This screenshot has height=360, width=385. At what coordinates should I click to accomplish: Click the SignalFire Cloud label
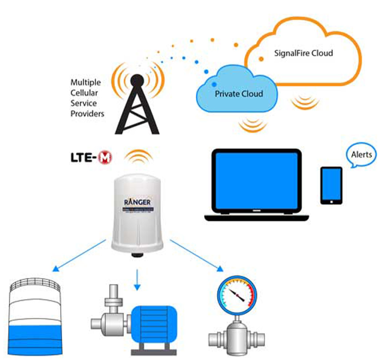tap(303, 53)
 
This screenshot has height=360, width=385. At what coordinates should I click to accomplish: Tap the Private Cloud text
tap(238, 94)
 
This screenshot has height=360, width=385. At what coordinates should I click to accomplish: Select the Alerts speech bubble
tap(361, 155)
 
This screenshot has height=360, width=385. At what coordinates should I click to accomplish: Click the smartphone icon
tap(331, 185)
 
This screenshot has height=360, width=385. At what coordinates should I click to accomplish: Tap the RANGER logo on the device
tap(137, 201)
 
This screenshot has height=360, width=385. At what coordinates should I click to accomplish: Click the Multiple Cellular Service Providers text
tap(87, 98)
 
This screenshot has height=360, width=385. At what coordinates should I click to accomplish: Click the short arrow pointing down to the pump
tap(137, 280)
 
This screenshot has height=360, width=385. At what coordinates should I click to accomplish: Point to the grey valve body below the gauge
tap(237, 338)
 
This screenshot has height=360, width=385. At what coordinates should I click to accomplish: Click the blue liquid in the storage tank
tap(34, 338)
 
